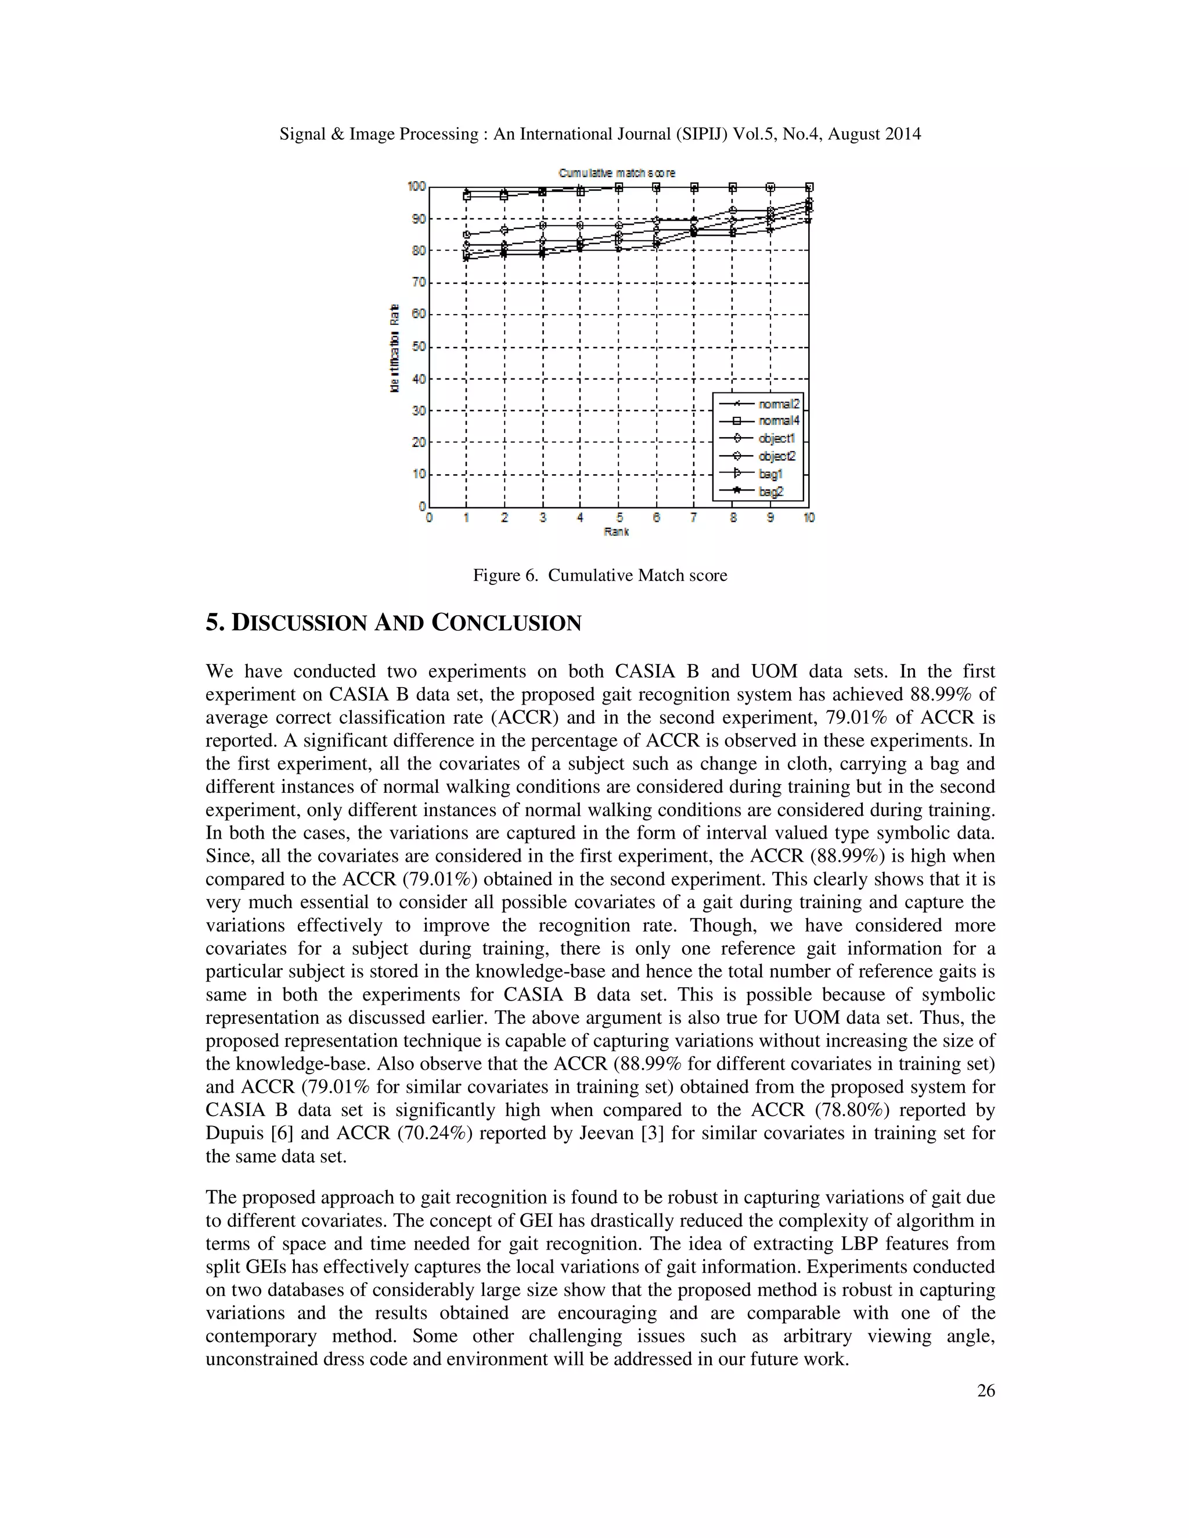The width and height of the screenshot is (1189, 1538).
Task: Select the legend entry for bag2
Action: [770, 492]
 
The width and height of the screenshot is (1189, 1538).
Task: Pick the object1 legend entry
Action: [776, 439]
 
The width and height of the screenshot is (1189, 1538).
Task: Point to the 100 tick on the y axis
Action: [416, 186]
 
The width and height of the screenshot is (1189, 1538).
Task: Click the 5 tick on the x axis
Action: [619, 518]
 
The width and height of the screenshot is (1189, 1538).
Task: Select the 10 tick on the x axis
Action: [809, 518]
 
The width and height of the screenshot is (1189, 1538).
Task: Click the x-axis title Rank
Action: [617, 532]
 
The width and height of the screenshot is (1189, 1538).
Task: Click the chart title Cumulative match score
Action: [617, 172]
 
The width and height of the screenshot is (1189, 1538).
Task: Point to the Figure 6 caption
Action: [599, 575]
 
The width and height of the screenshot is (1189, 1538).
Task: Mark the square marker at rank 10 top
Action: [809, 187]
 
